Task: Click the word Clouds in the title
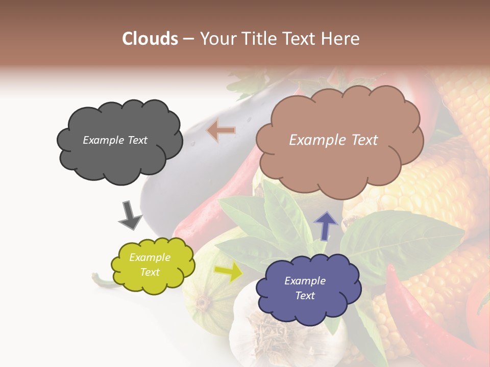(x=150, y=38)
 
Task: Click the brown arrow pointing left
(x=221, y=130)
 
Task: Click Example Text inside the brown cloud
(x=333, y=140)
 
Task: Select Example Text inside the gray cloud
(x=115, y=140)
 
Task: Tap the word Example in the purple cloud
(x=305, y=281)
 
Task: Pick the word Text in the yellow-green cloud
(x=150, y=272)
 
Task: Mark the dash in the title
(x=188, y=39)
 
